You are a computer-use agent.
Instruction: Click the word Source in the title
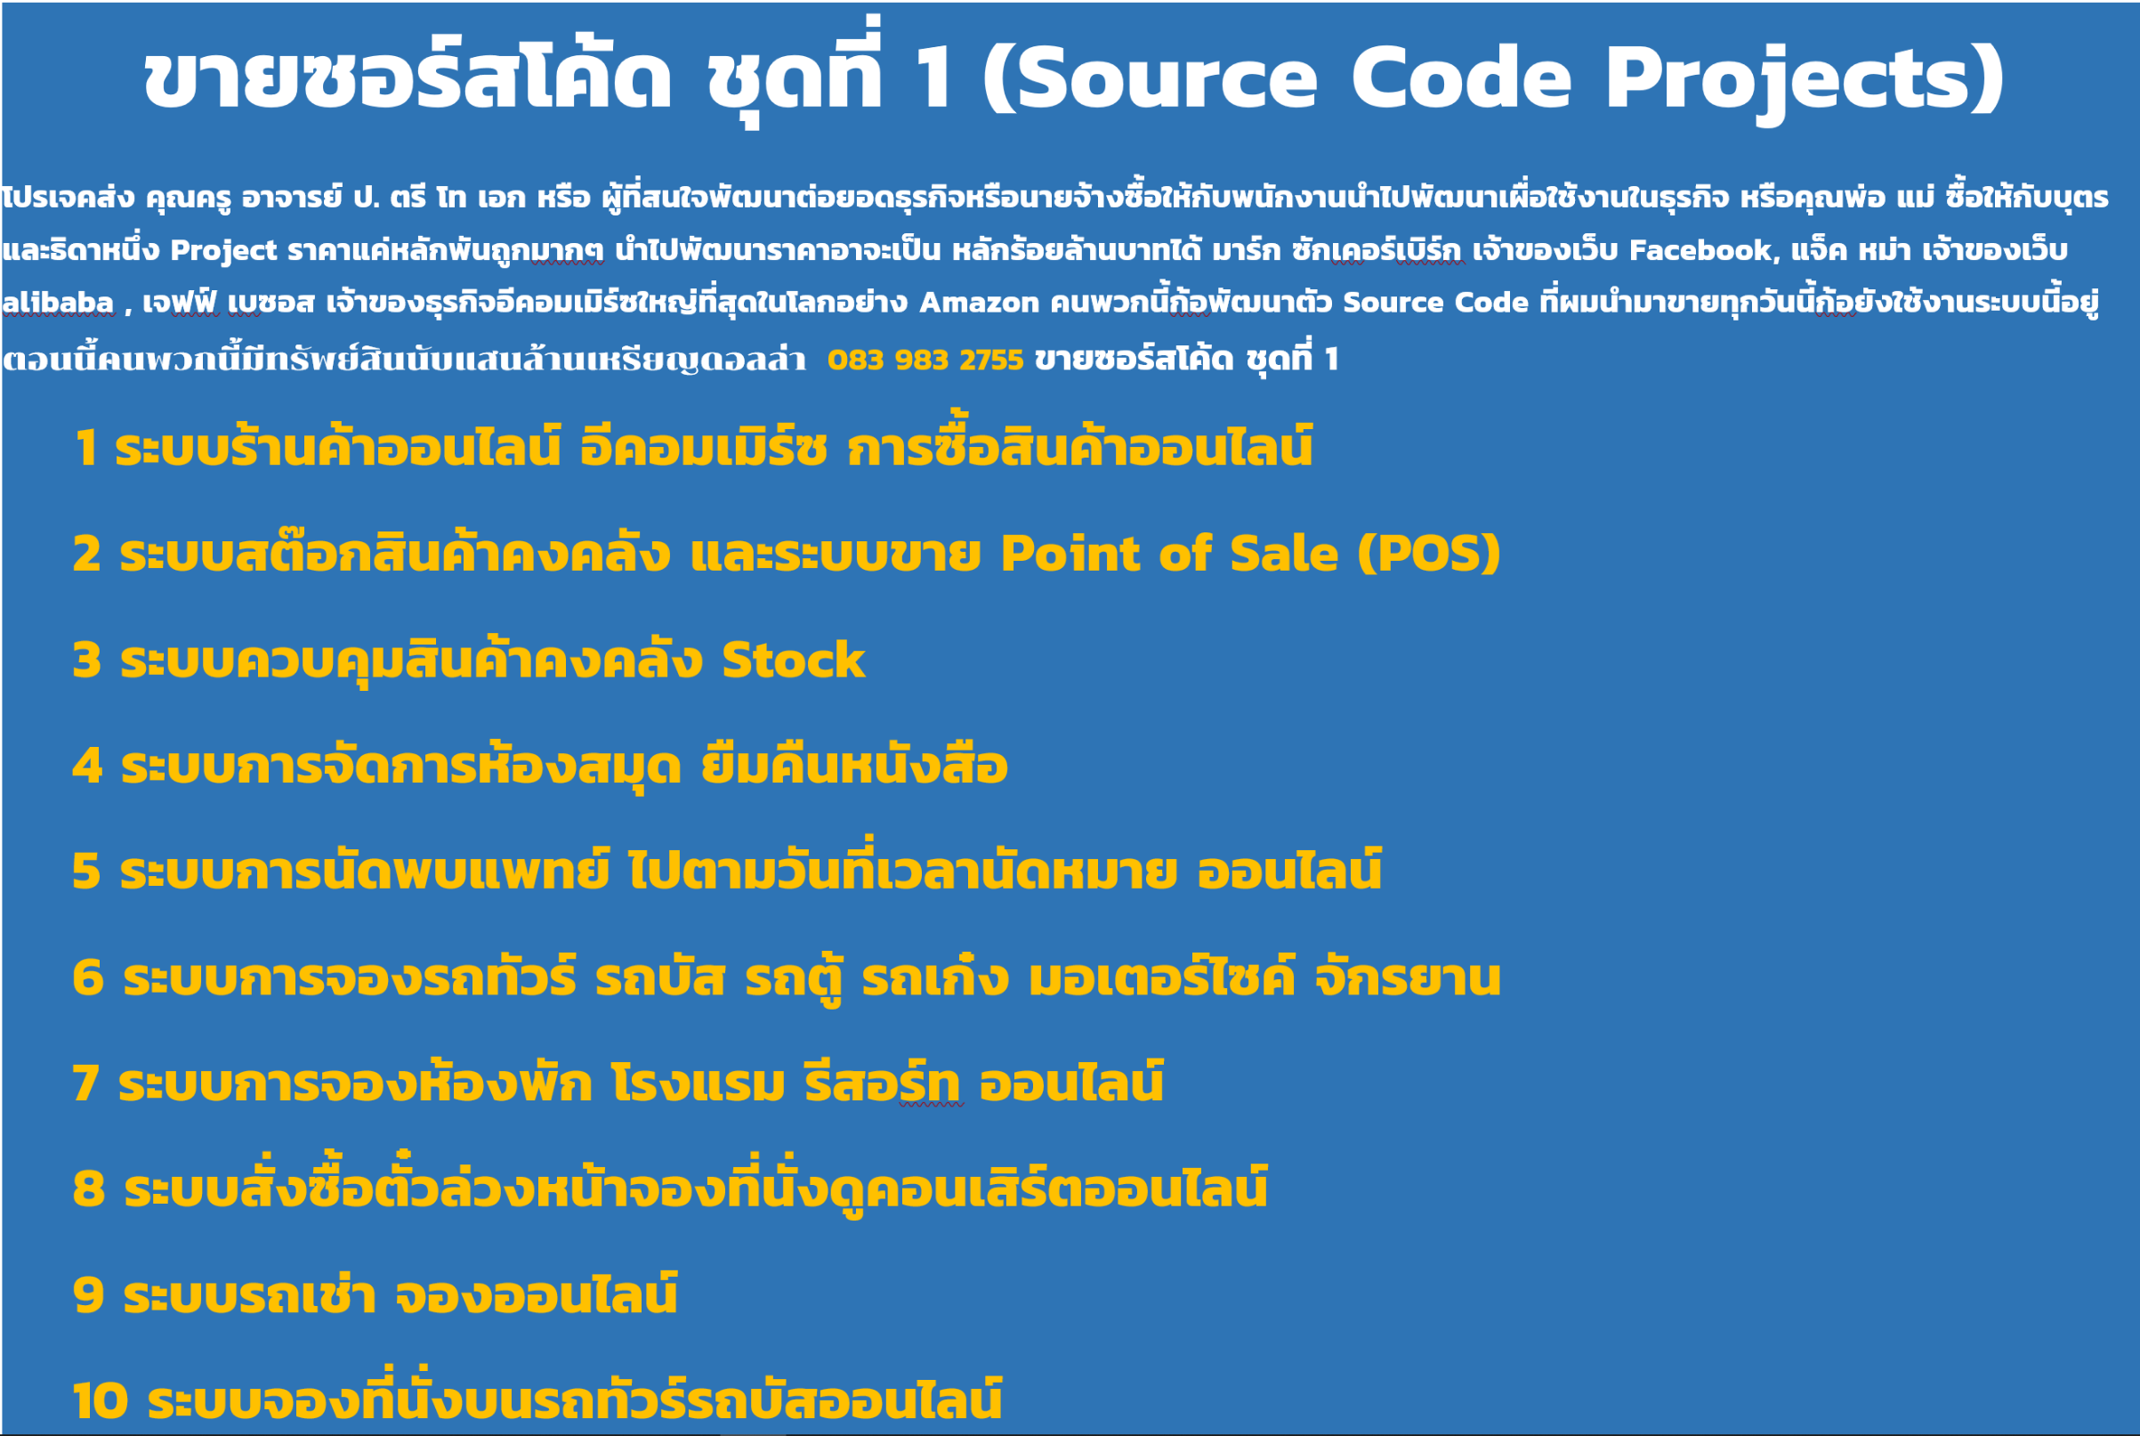(x=1163, y=78)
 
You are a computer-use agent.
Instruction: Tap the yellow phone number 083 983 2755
(x=925, y=360)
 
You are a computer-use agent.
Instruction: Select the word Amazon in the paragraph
(x=979, y=302)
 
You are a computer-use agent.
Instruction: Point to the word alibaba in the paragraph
(x=58, y=302)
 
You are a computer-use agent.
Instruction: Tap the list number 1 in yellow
(x=85, y=449)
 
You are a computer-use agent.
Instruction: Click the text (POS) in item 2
(x=1429, y=553)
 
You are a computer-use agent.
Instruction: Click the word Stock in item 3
(x=793, y=660)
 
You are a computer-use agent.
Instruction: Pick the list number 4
(x=87, y=766)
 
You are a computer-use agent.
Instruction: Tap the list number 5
(x=86, y=871)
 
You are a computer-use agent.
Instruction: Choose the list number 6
(x=87, y=978)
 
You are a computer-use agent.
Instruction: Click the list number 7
(x=85, y=1083)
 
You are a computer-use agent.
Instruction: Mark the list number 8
(x=88, y=1189)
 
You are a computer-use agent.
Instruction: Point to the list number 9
(x=88, y=1295)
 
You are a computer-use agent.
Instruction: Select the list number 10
(x=101, y=1401)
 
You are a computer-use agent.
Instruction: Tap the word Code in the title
(x=1461, y=78)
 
